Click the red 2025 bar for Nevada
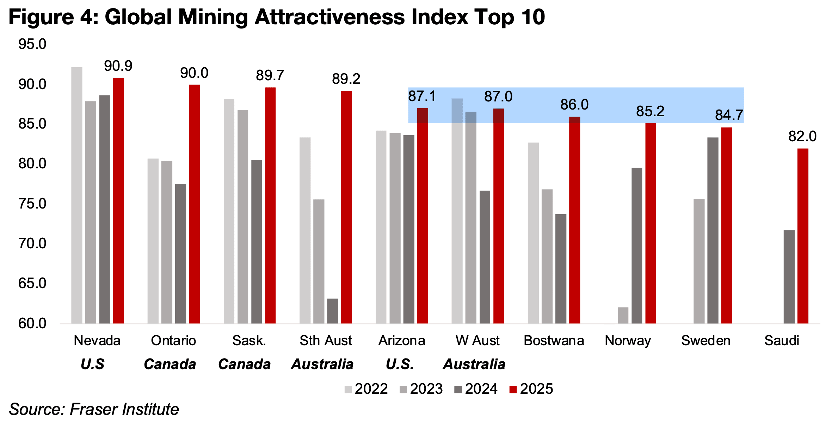tap(118, 201)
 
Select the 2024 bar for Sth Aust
tap(332, 311)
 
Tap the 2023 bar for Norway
tap(623, 316)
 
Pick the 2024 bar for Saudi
tap(789, 277)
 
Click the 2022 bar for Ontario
tap(153, 241)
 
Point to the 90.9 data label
tap(118, 66)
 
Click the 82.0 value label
tap(802, 136)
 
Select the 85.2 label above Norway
tap(650, 111)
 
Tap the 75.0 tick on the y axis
tap(32, 204)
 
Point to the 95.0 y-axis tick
tap(32, 44)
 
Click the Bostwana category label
tap(554, 341)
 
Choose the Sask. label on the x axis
tap(249, 341)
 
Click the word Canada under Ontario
tap(170, 364)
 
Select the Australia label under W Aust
tap(474, 364)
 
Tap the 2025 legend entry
tap(531, 389)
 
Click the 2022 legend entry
tap(366, 389)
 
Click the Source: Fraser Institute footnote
tap(94, 409)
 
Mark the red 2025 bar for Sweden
tap(726, 225)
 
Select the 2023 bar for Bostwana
tap(547, 256)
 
